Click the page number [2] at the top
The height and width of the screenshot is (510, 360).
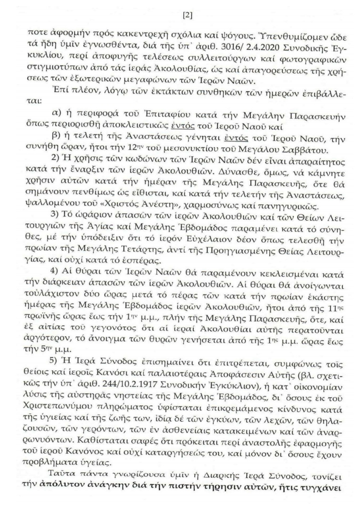pos(188,16)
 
